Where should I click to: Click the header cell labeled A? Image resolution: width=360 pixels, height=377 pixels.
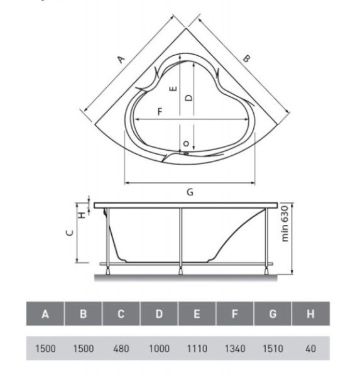[45, 314]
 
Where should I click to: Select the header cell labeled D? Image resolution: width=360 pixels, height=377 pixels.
[159, 314]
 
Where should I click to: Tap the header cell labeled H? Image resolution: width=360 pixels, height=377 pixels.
[310, 314]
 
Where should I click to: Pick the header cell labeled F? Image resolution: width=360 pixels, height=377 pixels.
[235, 314]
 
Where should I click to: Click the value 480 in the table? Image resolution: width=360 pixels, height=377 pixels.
[121, 348]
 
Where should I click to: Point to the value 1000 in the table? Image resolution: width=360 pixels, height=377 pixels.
[159, 348]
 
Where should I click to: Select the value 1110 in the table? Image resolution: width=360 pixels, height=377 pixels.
[197, 348]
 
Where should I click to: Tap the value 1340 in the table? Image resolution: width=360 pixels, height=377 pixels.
[235, 348]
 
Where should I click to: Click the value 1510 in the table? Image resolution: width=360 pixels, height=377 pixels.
[273, 348]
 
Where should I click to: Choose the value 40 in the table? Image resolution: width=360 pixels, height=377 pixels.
[310, 348]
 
